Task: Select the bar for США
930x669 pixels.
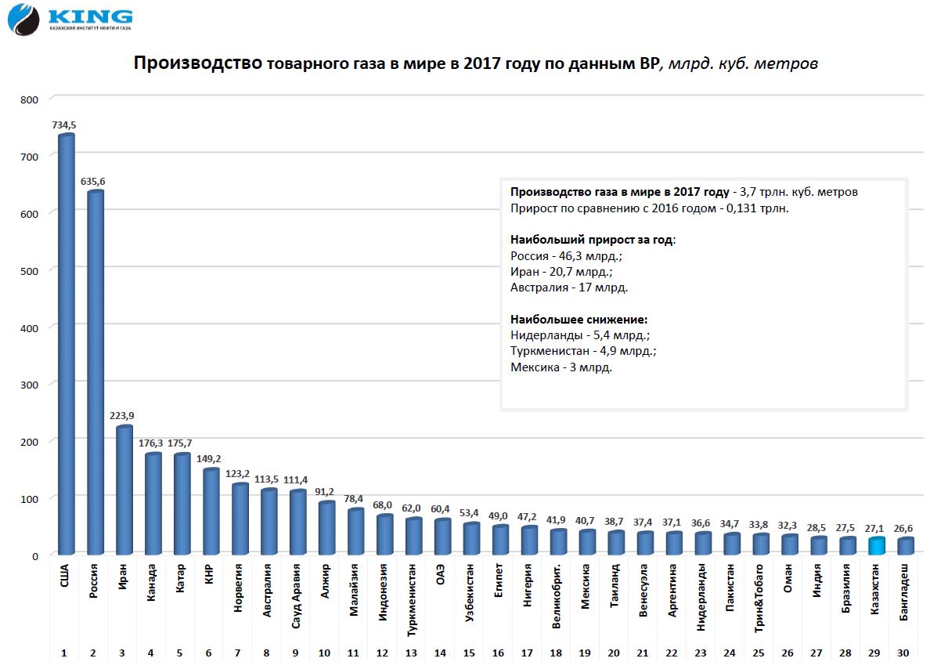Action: tap(67, 345)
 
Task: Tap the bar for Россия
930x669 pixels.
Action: tap(96, 373)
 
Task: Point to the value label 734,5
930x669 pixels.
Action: tap(64, 125)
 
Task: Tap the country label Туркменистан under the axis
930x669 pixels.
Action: tap(413, 595)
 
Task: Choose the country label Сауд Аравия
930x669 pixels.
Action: tap(297, 592)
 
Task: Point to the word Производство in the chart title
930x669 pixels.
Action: tap(198, 63)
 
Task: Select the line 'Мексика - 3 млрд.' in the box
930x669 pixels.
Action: tap(561, 367)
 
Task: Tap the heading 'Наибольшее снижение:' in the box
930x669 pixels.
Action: tap(579, 320)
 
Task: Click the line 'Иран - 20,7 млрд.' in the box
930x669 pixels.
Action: tap(561, 271)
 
